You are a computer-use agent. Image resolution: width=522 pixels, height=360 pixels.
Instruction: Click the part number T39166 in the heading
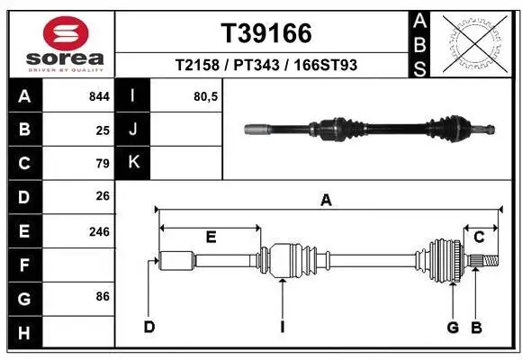pyautogui.click(x=266, y=33)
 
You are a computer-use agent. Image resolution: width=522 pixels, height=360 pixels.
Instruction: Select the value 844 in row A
pyautogui.click(x=99, y=95)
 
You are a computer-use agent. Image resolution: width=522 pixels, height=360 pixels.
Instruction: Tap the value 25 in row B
pyautogui.click(x=103, y=130)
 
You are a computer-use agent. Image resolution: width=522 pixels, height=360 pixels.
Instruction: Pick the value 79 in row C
pyautogui.click(x=103, y=164)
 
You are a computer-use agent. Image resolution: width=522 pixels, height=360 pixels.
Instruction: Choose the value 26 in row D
pyautogui.click(x=103, y=195)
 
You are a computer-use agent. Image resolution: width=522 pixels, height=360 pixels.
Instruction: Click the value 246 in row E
pyautogui.click(x=99, y=231)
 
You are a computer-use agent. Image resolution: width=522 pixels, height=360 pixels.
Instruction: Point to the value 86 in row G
pyautogui.click(x=103, y=295)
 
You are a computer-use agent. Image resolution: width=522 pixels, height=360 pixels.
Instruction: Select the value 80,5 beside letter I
pyautogui.click(x=206, y=95)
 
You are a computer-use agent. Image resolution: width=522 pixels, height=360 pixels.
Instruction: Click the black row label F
pyautogui.click(x=24, y=266)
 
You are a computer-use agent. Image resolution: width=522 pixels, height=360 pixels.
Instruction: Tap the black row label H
pyautogui.click(x=24, y=334)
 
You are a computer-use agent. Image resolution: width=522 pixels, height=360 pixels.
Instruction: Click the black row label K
pyautogui.click(x=133, y=163)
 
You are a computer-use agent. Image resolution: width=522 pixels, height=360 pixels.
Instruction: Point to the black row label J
pyautogui.click(x=133, y=130)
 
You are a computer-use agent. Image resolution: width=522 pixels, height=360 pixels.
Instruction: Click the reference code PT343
pyautogui.click(x=259, y=65)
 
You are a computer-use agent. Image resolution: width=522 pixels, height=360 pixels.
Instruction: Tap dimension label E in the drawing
pyautogui.click(x=211, y=237)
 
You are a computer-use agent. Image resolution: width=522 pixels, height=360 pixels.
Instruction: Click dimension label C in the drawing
pyautogui.click(x=480, y=237)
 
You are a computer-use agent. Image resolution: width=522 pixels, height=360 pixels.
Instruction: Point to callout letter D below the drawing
pyautogui.click(x=149, y=326)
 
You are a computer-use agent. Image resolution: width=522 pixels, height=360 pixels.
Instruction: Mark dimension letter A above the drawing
pyautogui.click(x=326, y=201)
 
